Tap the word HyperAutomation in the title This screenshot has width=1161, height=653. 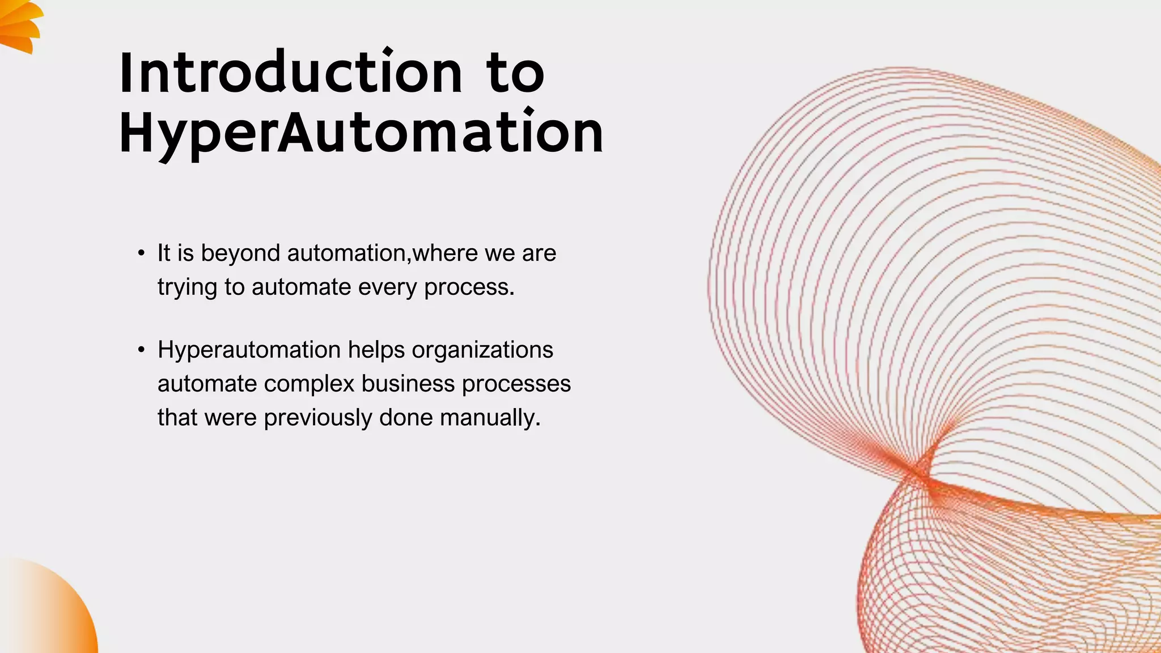(x=361, y=133)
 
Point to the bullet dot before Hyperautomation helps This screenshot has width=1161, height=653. (x=141, y=350)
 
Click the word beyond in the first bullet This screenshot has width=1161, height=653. (x=240, y=253)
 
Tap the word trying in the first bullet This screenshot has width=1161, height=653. (x=187, y=287)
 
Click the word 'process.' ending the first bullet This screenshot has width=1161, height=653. (x=469, y=287)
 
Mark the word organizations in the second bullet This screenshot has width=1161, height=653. (x=482, y=350)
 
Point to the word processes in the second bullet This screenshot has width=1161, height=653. (x=516, y=384)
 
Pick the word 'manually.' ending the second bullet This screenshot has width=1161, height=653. (x=490, y=418)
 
